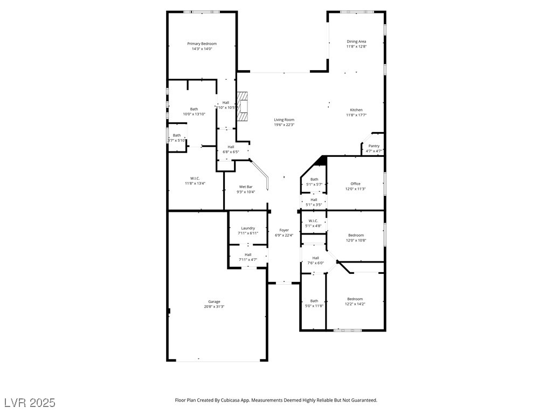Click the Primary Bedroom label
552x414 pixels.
pos(202,44)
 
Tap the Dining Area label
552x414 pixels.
pos(356,42)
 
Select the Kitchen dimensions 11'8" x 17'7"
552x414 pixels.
pos(356,115)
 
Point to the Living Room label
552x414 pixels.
pos(284,120)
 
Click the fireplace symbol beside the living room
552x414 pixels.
pos(243,106)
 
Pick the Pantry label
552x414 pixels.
pos(374,146)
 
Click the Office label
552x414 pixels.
pos(355,184)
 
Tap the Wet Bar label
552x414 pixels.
pos(246,187)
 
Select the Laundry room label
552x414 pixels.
pos(248,228)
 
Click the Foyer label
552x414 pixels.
pos(284,230)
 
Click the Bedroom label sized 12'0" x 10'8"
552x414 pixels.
pos(356,235)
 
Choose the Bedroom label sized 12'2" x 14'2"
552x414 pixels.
pos(355,299)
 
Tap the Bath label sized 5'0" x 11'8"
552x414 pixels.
pos(314,301)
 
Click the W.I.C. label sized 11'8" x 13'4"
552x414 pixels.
pos(195,178)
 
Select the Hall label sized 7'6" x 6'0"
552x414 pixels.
pos(315,258)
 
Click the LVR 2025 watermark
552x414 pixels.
pos(30,403)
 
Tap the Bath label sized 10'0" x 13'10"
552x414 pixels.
pos(194,109)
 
